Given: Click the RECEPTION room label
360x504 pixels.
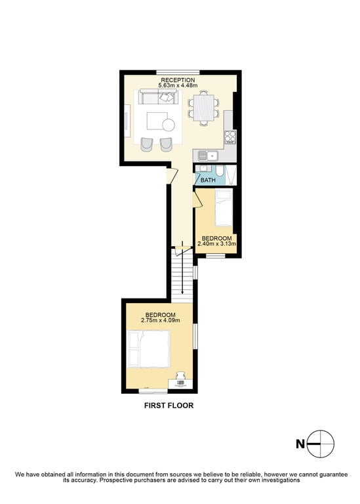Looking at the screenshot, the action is [178, 80].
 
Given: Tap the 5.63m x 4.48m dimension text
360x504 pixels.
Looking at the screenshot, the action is [178, 85].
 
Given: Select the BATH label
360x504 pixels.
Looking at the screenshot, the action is [208, 180].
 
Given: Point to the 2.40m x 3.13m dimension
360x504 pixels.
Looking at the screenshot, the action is [217, 243].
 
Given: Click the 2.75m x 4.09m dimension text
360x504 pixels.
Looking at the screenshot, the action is [160, 320].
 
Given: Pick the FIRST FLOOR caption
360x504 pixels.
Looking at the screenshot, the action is [169, 406].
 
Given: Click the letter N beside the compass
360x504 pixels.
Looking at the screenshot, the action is [300, 444].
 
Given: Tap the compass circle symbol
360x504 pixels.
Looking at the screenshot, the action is [321, 444].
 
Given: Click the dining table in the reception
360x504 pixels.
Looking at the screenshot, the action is [203, 108].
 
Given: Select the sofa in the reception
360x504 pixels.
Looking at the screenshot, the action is [158, 96].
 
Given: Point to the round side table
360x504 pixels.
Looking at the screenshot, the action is [169, 125].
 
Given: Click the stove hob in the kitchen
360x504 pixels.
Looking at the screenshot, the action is [230, 137].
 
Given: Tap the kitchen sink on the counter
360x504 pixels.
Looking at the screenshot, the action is [208, 156].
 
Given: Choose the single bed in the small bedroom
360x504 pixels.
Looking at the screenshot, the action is [224, 207].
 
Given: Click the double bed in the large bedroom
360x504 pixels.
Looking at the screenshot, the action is [149, 349].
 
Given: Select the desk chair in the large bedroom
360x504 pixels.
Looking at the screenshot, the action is [181, 375].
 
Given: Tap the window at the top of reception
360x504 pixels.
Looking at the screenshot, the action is [178, 72].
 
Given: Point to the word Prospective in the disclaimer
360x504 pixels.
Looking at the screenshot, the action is [116, 480].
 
